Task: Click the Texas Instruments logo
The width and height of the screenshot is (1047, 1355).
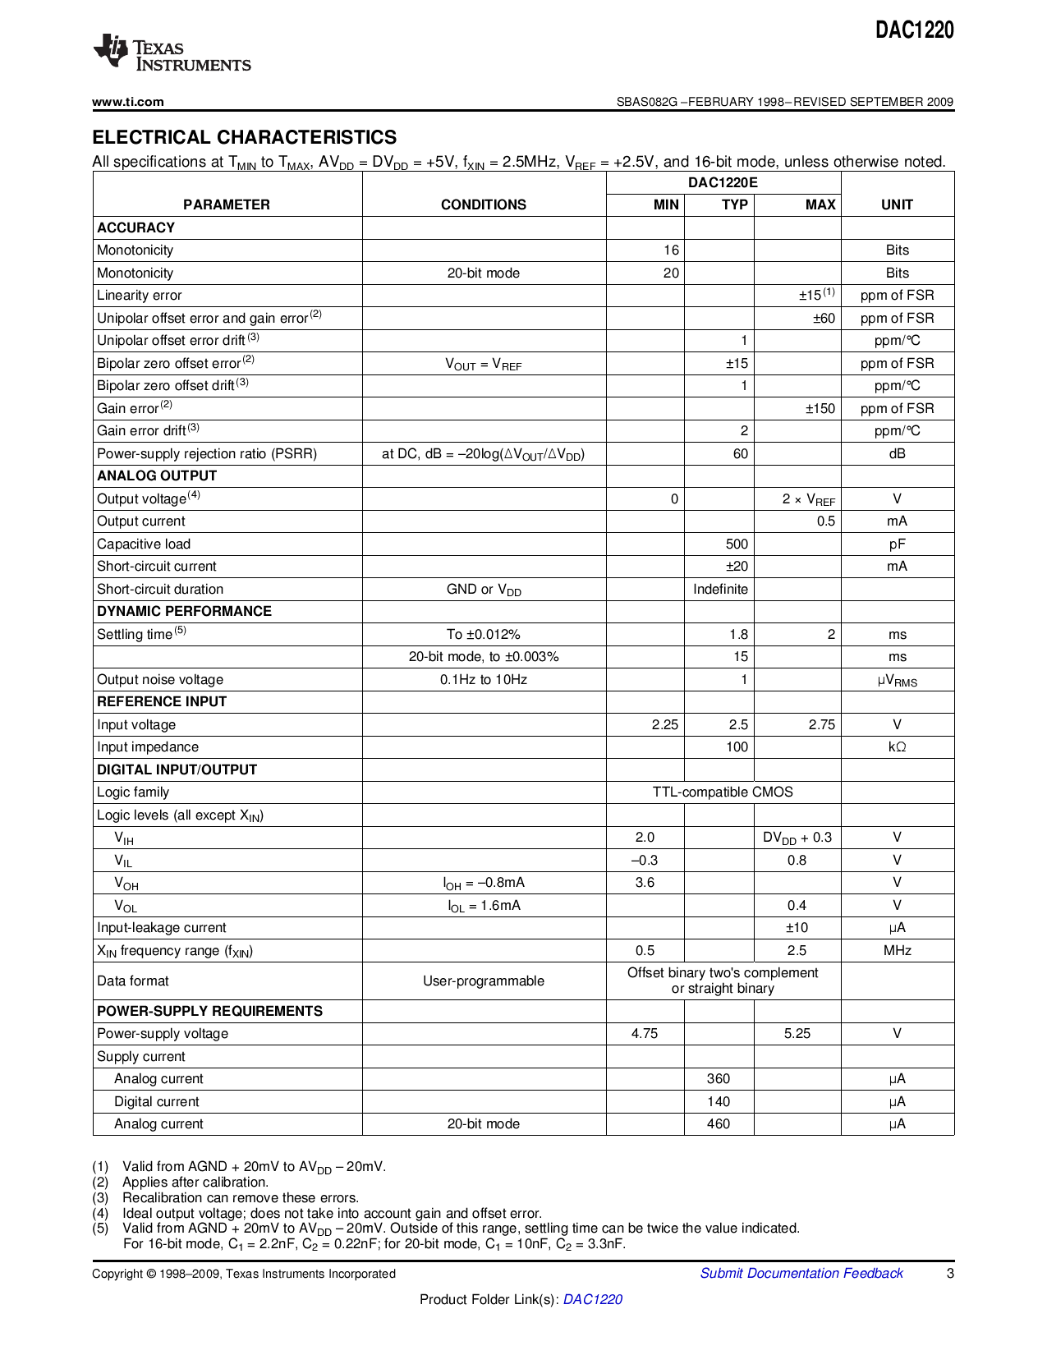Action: (x=172, y=54)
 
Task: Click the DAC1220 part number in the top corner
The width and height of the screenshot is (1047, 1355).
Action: (x=914, y=30)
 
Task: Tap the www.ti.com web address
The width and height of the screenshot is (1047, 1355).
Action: (x=128, y=102)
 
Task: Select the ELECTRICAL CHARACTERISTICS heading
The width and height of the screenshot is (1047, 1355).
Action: (x=244, y=137)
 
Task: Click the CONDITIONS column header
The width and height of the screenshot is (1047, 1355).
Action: (x=483, y=204)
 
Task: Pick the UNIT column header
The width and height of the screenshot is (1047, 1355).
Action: (x=897, y=204)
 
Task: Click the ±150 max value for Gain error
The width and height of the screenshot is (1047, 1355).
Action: (x=820, y=408)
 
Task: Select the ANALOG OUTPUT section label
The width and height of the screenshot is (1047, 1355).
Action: (x=157, y=475)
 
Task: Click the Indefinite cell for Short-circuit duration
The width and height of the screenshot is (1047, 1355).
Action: (x=720, y=589)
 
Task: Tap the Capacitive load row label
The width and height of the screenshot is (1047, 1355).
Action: (x=144, y=544)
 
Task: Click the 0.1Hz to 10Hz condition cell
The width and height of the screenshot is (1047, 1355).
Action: (x=483, y=679)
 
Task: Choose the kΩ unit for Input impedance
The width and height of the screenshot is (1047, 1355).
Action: (x=897, y=746)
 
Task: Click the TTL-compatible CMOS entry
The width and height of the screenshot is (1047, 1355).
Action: (x=723, y=792)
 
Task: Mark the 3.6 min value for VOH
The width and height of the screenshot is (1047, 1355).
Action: (x=645, y=882)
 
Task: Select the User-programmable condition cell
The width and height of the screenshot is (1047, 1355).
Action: (x=483, y=981)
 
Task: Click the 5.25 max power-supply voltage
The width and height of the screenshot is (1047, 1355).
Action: (x=797, y=1033)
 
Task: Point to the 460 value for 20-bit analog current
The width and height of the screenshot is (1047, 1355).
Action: (x=718, y=1123)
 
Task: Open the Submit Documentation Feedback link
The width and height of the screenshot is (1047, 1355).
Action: (x=801, y=1273)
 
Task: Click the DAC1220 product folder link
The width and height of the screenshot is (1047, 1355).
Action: (x=592, y=1299)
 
